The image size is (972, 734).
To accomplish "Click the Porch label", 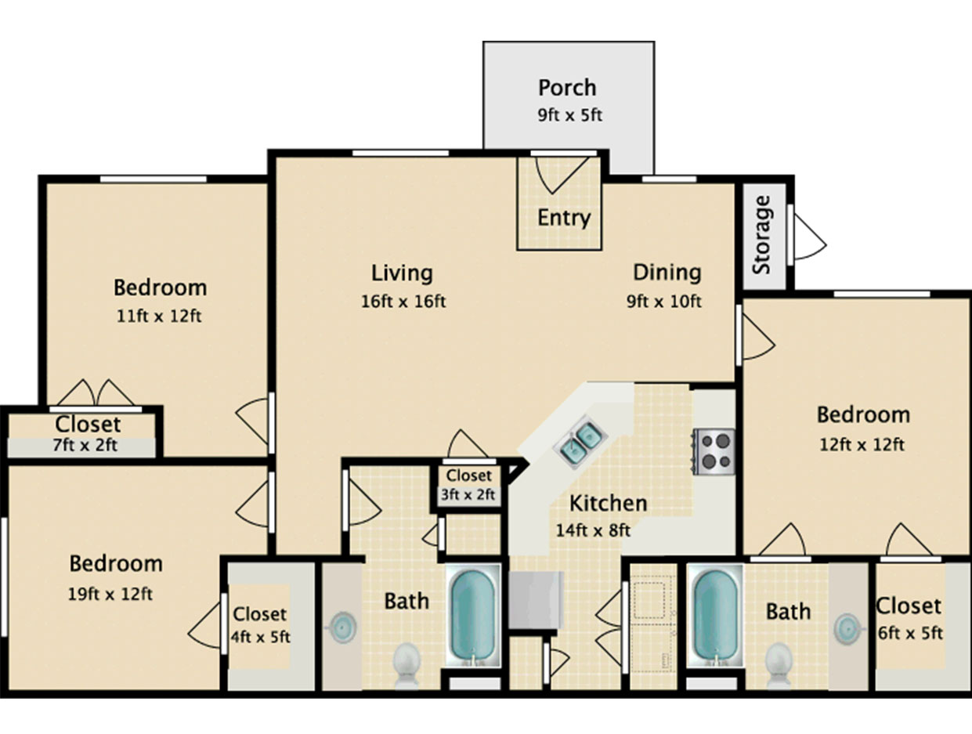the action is point(567,88).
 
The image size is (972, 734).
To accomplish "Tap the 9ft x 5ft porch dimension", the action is point(570,115).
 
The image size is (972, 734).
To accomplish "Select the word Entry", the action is point(564,219).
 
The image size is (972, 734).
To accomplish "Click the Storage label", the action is point(762,235).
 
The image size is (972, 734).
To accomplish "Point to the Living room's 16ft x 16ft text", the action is point(403,302).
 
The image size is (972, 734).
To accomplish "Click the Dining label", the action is point(667,273).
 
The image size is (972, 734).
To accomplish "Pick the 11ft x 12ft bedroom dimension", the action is point(159,316).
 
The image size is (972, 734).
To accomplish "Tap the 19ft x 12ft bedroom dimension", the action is point(110,594).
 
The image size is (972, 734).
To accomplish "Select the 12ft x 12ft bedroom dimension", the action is point(862,444).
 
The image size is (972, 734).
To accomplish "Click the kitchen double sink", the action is point(580,441).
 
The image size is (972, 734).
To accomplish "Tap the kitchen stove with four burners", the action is point(714,451).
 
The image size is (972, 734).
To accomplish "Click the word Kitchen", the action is point(608,504).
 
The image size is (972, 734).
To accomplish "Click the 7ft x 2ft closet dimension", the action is point(85,446).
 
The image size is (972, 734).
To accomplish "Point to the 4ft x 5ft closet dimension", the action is point(260,637).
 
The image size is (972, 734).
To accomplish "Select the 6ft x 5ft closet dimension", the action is point(910,634).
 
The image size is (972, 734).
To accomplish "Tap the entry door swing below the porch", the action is point(562,175).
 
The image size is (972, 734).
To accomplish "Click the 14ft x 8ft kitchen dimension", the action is point(593,530).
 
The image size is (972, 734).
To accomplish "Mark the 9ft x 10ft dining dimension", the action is point(663,302).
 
